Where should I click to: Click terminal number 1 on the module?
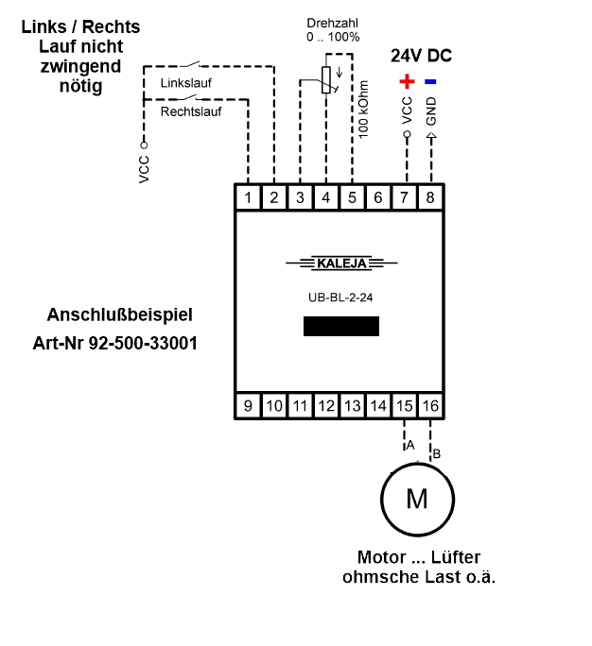[248, 197]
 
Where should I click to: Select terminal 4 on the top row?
[326, 197]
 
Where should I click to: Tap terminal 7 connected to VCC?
[405, 197]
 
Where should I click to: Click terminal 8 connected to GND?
[431, 197]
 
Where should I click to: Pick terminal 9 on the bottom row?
[248, 406]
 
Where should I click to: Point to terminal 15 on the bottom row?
[405, 406]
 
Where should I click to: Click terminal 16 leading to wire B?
[431, 406]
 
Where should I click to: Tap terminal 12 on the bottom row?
[326, 406]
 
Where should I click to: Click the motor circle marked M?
[417, 499]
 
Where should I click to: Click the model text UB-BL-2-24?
[340, 297]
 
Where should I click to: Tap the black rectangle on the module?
[340, 326]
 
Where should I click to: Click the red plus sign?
[408, 81]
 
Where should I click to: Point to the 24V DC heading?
[421, 56]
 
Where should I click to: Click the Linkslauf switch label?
[186, 83]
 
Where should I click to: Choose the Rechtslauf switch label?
[190, 110]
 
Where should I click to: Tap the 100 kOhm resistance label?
[363, 110]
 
